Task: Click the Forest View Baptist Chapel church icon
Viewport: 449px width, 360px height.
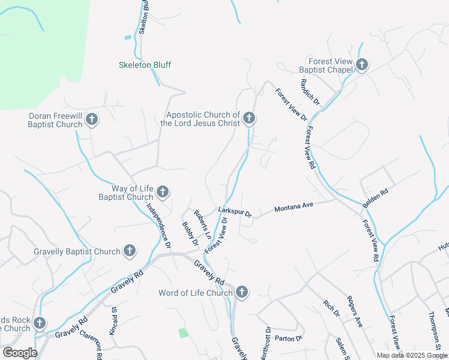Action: pos(361,65)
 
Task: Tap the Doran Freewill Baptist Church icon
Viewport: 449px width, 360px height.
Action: pos(91,119)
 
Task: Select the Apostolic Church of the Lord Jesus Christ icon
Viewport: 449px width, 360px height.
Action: pos(249,119)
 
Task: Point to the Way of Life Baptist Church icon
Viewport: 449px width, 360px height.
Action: pos(162,193)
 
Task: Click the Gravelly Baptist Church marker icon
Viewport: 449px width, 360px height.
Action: pos(130,251)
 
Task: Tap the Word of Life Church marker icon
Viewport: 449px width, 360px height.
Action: pos(241,293)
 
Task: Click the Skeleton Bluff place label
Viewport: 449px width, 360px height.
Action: pos(145,65)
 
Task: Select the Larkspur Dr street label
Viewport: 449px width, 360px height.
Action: pos(235,212)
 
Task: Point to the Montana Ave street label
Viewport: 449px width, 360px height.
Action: pos(294,207)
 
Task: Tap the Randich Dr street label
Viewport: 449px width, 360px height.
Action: pos(310,94)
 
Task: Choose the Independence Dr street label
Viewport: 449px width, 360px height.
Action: pos(159,226)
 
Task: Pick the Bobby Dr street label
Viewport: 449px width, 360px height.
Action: pos(190,234)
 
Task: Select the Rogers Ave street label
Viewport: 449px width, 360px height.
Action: pos(355,311)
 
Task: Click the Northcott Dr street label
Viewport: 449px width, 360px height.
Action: pos(265,343)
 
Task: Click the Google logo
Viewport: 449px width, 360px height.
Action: pos(20,353)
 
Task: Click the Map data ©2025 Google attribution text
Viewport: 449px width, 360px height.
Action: pos(412,355)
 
